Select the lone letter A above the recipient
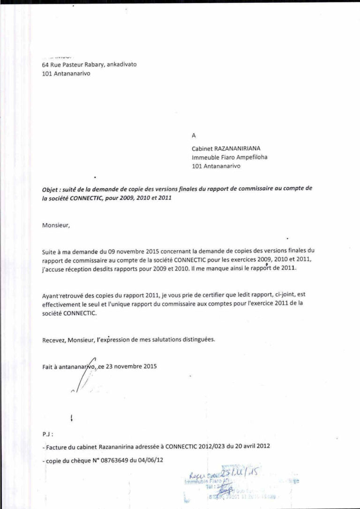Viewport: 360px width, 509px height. (x=194, y=136)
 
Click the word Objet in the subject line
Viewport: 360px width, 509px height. (x=50, y=189)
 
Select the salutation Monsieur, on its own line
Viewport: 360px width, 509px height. (x=56, y=225)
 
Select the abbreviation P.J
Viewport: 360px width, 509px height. (x=47, y=434)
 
